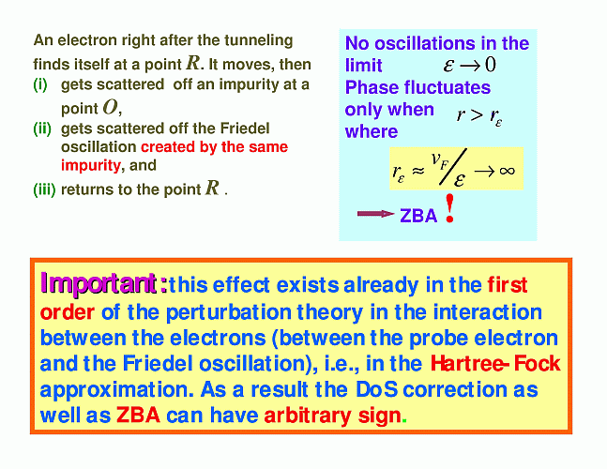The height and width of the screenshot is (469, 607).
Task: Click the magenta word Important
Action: [99, 283]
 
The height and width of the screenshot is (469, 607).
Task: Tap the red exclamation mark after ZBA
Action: [449, 208]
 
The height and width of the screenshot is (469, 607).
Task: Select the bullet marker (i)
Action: [40, 84]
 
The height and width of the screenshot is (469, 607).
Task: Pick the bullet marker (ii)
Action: [42, 129]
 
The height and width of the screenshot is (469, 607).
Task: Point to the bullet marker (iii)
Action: [44, 189]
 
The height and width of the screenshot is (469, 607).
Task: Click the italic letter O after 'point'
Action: [110, 108]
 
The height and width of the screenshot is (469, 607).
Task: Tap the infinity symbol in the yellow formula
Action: [508, 171]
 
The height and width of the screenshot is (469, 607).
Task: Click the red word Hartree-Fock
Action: [495, 363]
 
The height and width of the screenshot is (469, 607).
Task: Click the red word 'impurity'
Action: [91, 166]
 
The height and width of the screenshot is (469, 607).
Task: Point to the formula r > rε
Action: [479, 115]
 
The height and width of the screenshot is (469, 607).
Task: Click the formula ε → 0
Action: [469, 65]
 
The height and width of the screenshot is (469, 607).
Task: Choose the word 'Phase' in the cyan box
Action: [371, 88]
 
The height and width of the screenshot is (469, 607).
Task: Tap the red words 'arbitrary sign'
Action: [332, 416]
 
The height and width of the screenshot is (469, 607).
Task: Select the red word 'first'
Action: [508, 285]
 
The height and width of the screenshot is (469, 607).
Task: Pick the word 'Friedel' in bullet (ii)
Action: [245, 129]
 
